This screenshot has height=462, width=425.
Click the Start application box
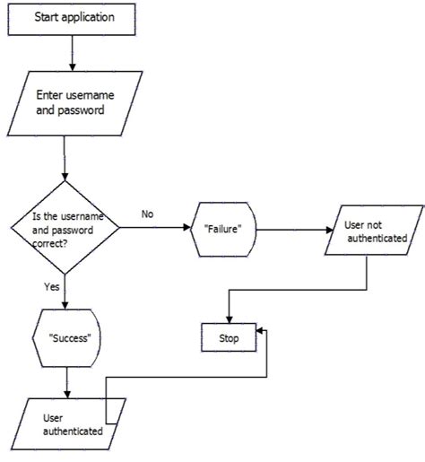[x=72, y=17]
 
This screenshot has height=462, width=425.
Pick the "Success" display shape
[x=69, y=339]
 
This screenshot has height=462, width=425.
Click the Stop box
[x=230, y=337]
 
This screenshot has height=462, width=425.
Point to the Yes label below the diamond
[x=50, y=288]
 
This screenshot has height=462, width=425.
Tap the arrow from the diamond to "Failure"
[x=152, y=228]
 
